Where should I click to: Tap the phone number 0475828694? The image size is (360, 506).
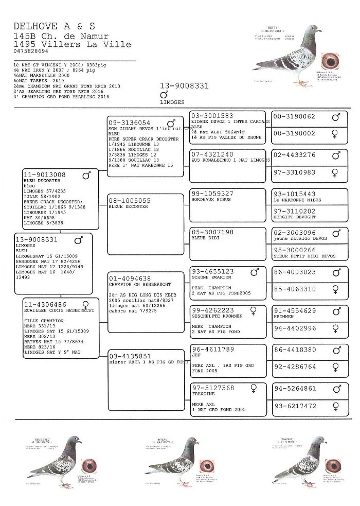(31, 51)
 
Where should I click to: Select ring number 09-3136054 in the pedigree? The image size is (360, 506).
(129, 123)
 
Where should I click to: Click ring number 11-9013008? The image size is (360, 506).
(45, 175)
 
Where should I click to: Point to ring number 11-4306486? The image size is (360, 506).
(45, 304)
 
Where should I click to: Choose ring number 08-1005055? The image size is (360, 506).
(129, 200)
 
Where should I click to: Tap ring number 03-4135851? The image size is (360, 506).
(129, 356)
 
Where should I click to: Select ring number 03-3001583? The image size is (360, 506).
(212, 116)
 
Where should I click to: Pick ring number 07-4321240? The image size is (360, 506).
(212, 154)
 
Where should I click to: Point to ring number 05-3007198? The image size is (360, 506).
(212, 232)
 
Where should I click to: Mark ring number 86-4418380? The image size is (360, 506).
(295, 350)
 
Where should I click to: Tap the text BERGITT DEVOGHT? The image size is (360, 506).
(295, 218)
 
